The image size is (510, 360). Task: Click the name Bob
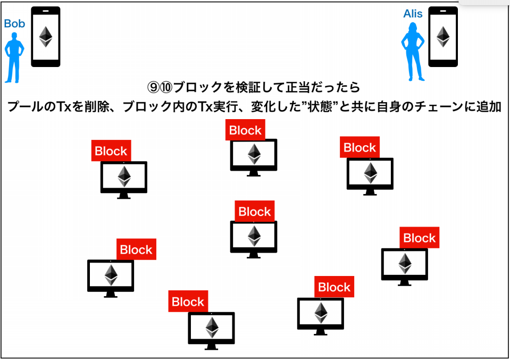(x=14, y=23)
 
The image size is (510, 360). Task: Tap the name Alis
(x=413, y=14)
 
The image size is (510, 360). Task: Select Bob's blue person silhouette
(x=14, y=57)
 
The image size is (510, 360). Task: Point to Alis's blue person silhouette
(x=413, y=52)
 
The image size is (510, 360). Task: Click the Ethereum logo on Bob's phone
(x=46, y=37)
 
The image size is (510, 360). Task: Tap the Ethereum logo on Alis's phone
(x=442, y=37)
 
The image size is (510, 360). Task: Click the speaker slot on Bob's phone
(x=46, y=11)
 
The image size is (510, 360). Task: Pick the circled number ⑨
(x=153, y=87)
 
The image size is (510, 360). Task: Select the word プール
(x=26, y=106)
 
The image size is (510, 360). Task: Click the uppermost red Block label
(x=245, y=130)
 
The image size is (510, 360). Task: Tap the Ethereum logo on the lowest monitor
(x=212, y=327)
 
